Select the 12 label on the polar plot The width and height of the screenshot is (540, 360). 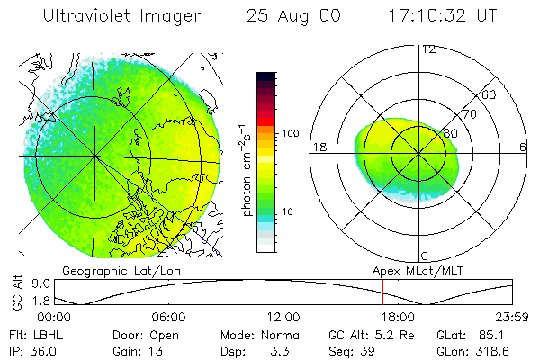(428, 49)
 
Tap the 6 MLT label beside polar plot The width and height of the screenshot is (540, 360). (522, 147)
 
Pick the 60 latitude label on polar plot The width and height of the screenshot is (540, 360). (490, 94)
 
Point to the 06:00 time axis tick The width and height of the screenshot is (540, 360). (169, 318)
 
